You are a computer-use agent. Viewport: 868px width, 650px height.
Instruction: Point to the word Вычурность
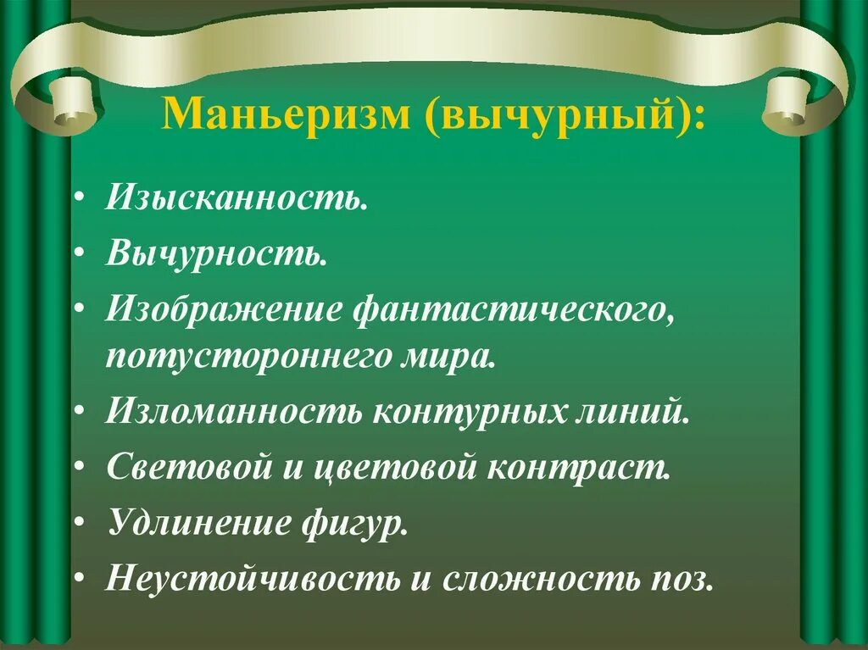coord(215,253)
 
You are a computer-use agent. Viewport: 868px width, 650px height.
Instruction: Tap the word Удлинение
coord(196,524)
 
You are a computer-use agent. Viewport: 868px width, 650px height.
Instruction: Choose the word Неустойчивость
coord(253,580)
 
